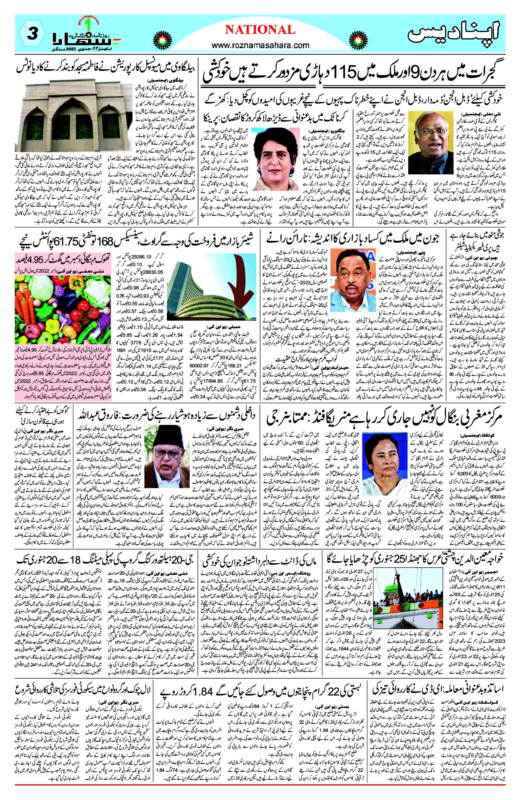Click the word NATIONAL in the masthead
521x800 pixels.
tap(260, 30)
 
